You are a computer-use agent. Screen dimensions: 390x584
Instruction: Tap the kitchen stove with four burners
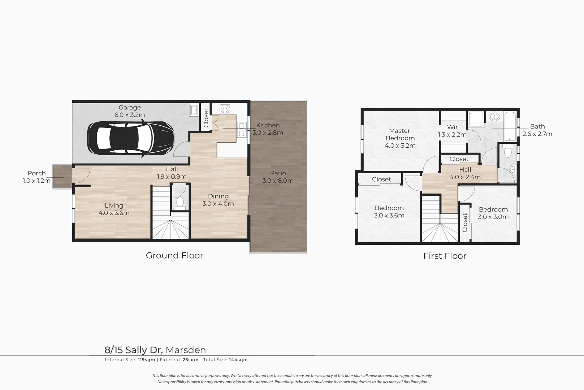click(x=225, y=109)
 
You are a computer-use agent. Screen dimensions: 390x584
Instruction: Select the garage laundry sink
click(x=194, y=110)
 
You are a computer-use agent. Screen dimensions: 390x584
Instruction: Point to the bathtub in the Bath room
click(x=510, y=126)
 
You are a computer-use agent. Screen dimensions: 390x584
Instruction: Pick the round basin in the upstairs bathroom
click(x=494, y=117)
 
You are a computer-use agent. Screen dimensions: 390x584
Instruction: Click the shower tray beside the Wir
click(x=476, y=119)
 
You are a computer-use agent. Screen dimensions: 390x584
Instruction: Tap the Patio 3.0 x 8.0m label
click(x=278, y=177)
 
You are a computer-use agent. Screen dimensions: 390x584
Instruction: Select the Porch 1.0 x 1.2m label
click(x=36, y=177)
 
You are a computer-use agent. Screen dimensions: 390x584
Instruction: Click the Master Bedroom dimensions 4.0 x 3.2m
click(x=400, y=146)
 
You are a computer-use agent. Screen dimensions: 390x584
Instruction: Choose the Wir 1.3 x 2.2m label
click(x=452, y=131)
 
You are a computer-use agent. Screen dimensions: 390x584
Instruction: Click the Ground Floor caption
click(x=174, y=255)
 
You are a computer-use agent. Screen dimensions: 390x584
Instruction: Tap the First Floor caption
click(x=445, y=256)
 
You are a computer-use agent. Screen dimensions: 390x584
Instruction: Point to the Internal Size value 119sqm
click(x=146, y=360)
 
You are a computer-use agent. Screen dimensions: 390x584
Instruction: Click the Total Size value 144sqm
click(x=238, y=360)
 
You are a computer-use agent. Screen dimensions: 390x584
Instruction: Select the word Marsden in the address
click(x=186, y=350)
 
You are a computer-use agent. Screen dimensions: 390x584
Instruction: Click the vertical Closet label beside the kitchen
click(x=206, y=118)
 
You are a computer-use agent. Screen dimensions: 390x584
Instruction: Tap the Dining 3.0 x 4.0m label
click(x=218, y=200)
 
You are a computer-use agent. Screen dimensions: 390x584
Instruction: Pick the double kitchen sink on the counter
click(x=241, y=130)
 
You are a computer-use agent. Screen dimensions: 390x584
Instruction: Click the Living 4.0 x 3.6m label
click(x=114, y=209)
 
